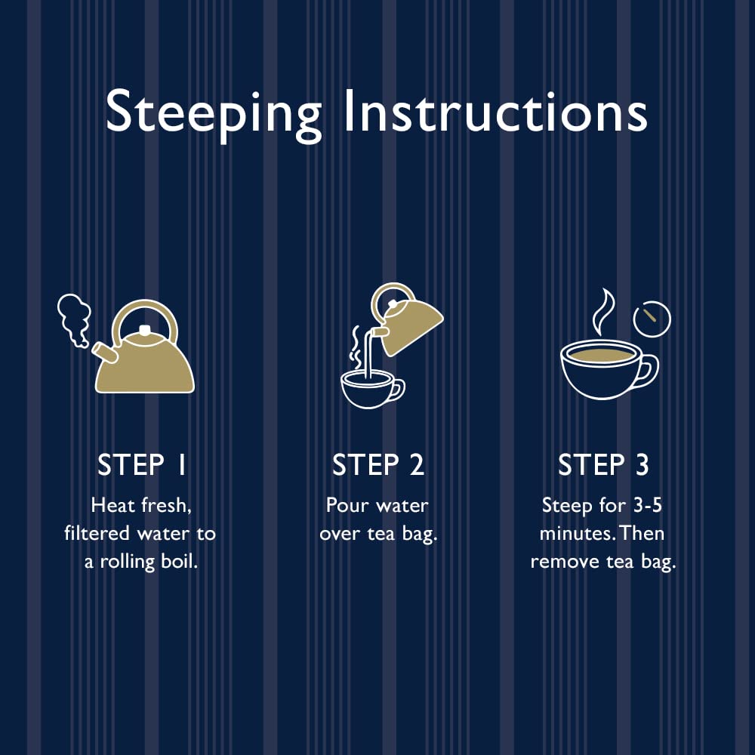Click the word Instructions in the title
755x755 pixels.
pos(496,111)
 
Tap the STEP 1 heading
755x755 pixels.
pos(142,465)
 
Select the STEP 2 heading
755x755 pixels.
pos(378,465)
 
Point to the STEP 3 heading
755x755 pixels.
pos(603,465)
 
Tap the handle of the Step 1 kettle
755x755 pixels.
pos(145,318)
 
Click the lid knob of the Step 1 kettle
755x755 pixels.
pos(145,330)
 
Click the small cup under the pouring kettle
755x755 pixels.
pos(368,389)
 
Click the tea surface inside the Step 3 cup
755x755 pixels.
pos(601,354)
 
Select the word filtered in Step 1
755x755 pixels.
pos(99,533)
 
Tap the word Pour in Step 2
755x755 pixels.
pos(344,504)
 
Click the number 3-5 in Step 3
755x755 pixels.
pos(646,504)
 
